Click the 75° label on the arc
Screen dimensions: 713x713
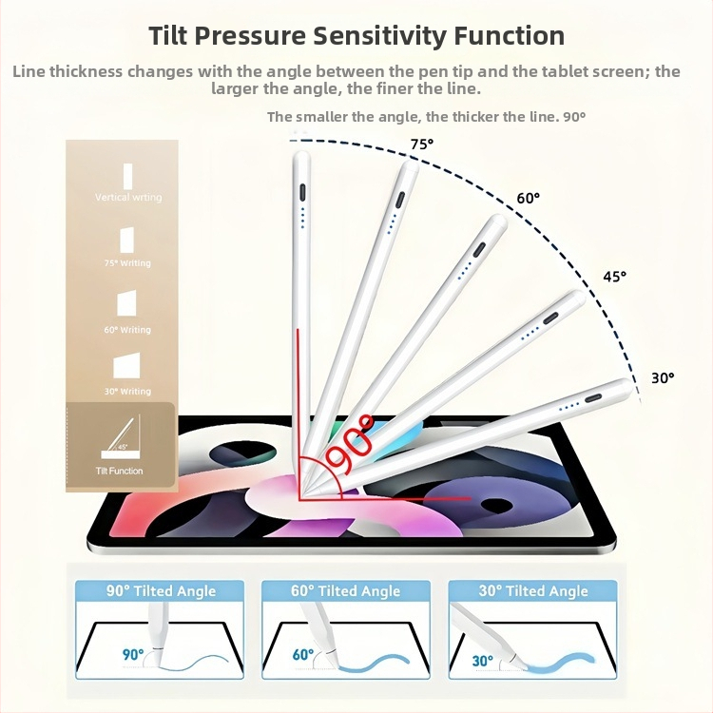pos(421,144)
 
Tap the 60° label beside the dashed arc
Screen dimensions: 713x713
pos(528,198)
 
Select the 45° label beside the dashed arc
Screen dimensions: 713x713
pos(615,277)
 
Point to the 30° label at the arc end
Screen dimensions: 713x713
pos(663,377)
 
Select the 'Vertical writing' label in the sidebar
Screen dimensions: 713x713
pos(128,198)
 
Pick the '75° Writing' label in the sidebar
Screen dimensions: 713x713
pos(127,263)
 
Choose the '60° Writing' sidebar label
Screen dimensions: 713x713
pos(127,330)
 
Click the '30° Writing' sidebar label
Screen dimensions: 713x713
pos(127,392)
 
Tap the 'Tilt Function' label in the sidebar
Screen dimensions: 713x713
pos(120,471)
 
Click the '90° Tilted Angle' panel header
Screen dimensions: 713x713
pos(161,591)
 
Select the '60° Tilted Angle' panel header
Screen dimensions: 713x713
pos(347,591)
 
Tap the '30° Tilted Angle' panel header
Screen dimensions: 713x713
pos(533,591)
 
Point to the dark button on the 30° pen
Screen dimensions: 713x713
pos(596,397)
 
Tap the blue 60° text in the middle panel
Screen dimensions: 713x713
pos(303,654)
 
